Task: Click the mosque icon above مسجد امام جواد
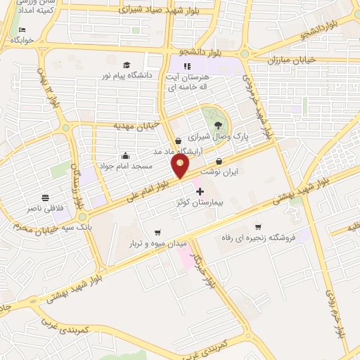[125, 155]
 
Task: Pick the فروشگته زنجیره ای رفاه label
[258, 238]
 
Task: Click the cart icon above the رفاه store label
[258, 226]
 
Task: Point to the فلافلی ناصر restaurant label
[45, 208]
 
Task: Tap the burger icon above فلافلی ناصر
[45, 197]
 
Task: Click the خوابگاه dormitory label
[22, 40]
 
